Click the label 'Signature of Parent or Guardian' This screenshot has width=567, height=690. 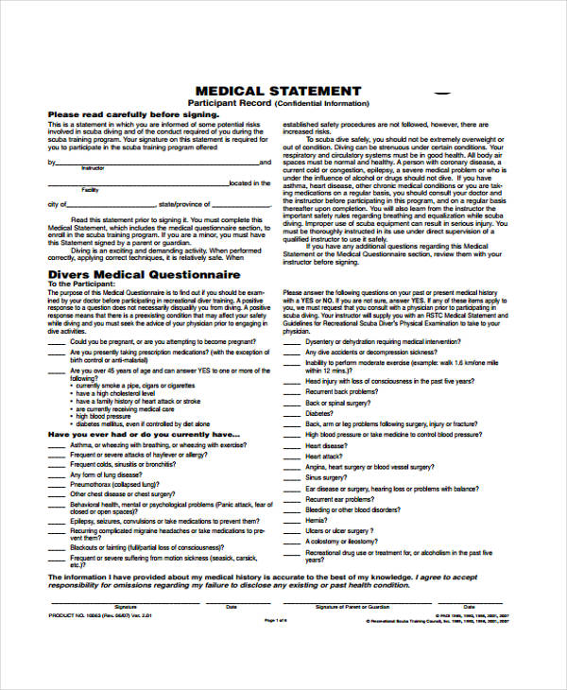pos(353,606)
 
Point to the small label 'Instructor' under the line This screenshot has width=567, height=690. pos(93,167)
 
